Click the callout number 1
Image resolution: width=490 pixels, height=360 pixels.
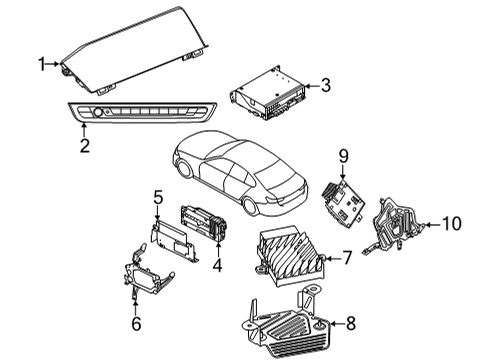(42, 65)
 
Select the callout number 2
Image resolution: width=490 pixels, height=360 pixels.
(85, 146)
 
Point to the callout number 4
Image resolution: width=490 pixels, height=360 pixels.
(217, 266)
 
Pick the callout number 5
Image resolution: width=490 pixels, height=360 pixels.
(157, 198)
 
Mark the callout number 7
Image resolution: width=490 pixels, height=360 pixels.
(346, 258)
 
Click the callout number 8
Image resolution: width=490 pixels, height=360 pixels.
(350, 322)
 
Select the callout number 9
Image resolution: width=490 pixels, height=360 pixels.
(342, 155)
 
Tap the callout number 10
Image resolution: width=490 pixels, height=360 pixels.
(452, 224)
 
